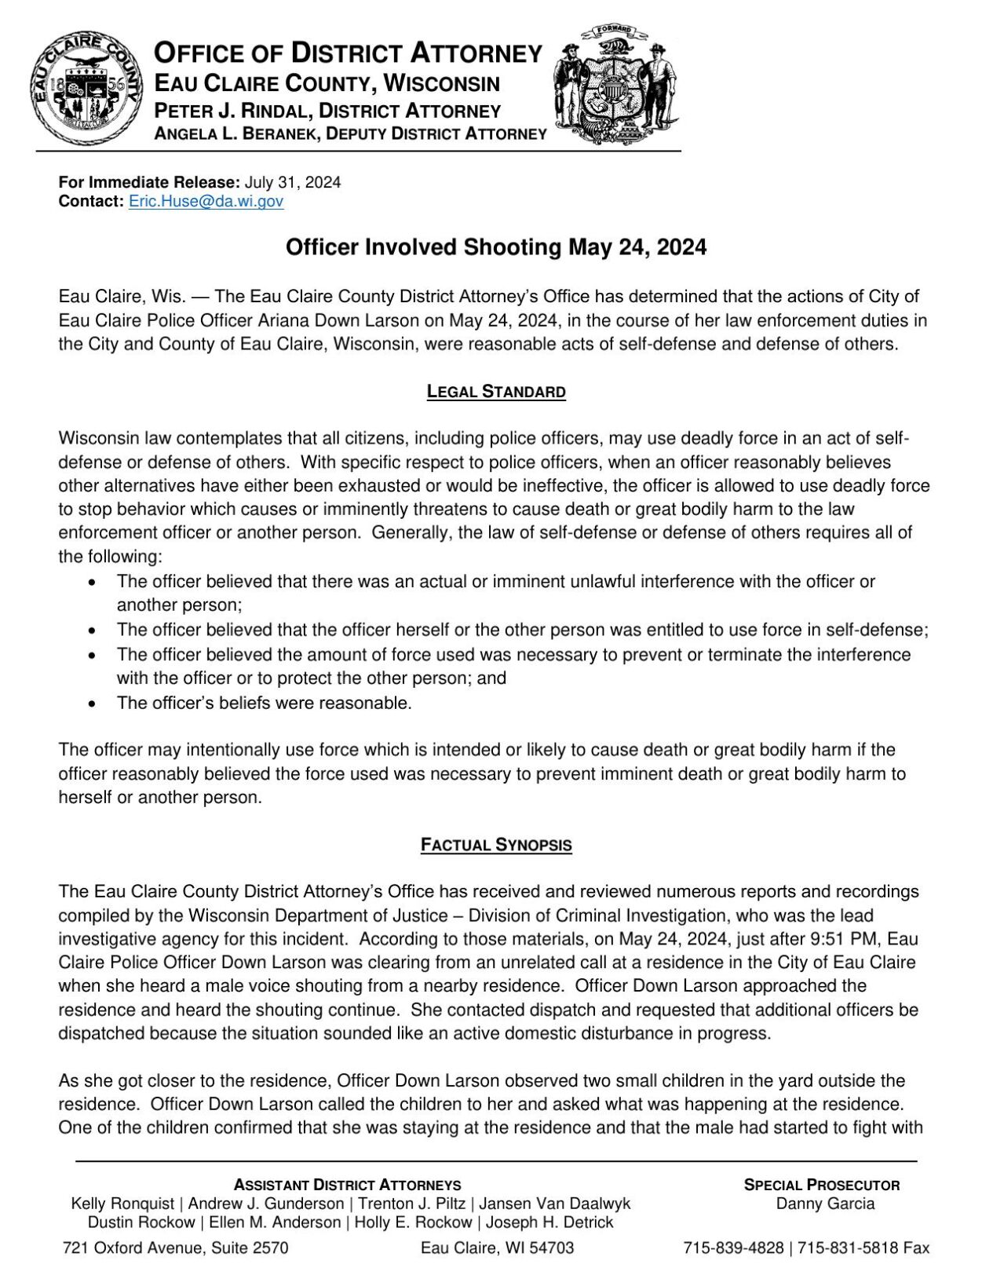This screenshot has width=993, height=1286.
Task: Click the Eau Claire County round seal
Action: (x=87, y=86)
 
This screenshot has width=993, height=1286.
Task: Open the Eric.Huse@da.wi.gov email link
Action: (x=206, y=201)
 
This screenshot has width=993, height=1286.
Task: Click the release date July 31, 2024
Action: (x=292, y=182)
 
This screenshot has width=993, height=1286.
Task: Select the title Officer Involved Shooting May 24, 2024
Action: (x=495, y=247)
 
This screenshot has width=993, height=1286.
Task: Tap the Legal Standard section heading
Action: (x=496, y=391)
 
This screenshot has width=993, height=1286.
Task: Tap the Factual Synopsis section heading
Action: (x=496, y=846)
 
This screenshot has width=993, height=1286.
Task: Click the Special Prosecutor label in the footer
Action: (x=821, y=1185)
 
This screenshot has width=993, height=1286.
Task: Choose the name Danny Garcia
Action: (x=824, y=1204)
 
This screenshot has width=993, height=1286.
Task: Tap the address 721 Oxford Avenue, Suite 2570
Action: (x=175, y=1248)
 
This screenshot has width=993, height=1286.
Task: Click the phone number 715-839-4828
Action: (x=732, y=1248)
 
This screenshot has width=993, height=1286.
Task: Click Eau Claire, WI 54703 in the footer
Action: (x=497, y=1248)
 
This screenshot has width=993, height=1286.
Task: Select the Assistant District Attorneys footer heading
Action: (x=347, y=1185)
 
